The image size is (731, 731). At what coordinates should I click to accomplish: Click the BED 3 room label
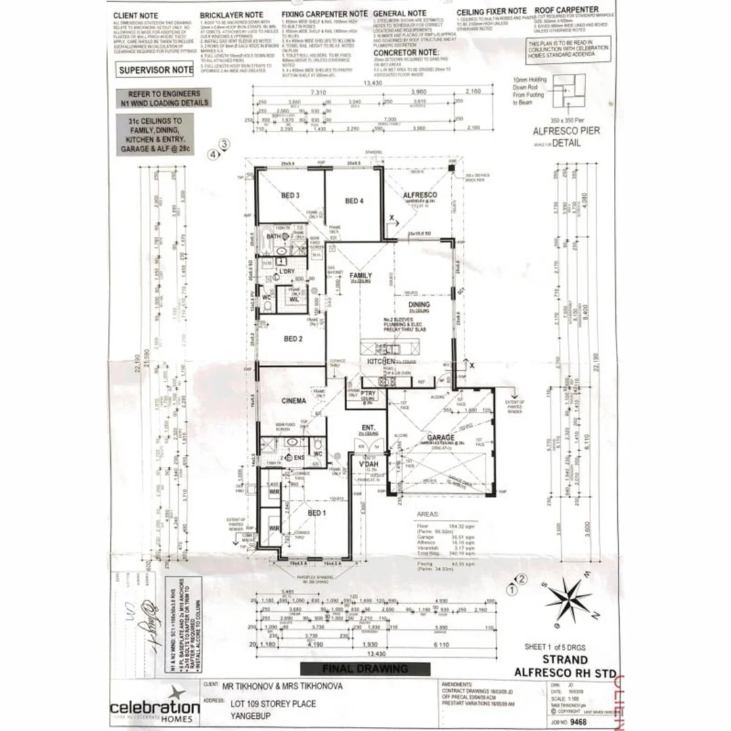pyautogui.click(x=290, y=196)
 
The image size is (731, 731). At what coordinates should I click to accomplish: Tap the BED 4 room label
pyautogui.click(x=354, y=201)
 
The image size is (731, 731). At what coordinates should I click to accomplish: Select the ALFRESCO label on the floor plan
pyautogui.click(x=420, y=196)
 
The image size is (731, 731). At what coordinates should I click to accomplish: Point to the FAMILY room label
pyautogui.click(x=361, y=276)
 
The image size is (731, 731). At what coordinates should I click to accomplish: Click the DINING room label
pyautogui.click(x=419, y=305)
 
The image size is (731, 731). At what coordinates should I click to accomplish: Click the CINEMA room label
pyautogui.click(x=294, y=401)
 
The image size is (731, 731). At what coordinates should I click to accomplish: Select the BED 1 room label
pyautogui.click(x=317, y=513)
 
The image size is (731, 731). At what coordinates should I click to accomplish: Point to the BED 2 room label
pyautogui.click(x=292, y=338)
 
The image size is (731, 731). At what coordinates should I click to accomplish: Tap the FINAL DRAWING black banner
pyautogui.click(x=374, y=669)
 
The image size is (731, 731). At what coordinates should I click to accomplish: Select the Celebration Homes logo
pyautogui.click(x=155, y=706)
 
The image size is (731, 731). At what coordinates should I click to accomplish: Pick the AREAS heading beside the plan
pyautogui.click(x=430, y=514)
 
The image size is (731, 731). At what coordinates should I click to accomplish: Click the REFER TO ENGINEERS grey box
pyautogui.click(x=161, y=98)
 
